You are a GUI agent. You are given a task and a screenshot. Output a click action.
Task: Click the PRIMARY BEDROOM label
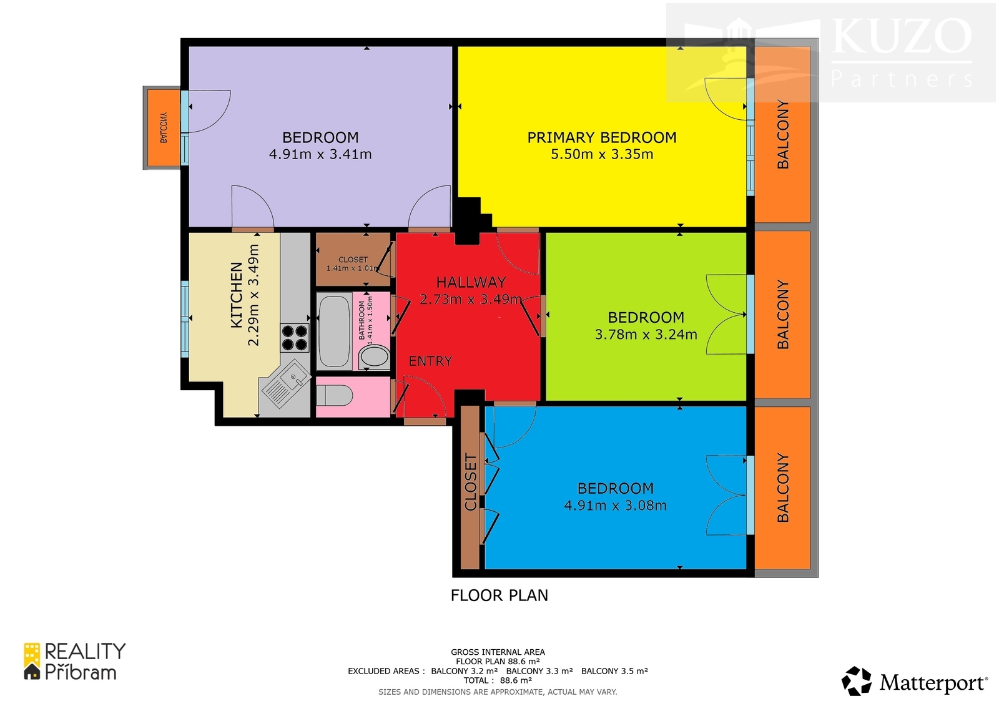(x=602, y=137)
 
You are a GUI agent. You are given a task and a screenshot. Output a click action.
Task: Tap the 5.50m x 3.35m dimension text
(x=602, y=154)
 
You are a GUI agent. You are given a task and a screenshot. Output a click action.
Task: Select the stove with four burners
(x=294, y=338)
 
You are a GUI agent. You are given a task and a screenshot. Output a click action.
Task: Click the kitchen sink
(x=285, y=383)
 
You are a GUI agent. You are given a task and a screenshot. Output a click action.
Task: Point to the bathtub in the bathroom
(x=334, y=331)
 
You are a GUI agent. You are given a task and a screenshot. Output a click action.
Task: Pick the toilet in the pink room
(x=335, y=396)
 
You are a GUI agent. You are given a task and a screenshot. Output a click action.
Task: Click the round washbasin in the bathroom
(x=374, y=357)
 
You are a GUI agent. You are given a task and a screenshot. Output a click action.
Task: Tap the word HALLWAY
(x=471, y=282)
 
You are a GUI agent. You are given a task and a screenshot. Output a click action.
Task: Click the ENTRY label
(x=430, y=361)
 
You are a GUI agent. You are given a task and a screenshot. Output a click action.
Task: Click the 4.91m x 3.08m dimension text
(x=615, y=506)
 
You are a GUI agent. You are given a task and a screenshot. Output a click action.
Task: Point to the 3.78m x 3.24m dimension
(x=646, y=335)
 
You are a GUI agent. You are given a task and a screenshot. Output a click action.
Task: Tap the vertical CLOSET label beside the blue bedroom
(x=471, y=483)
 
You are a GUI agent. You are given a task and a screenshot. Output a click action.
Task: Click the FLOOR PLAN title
(x=499, y=596)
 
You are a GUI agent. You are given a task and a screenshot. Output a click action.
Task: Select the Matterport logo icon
(x=856, y=681)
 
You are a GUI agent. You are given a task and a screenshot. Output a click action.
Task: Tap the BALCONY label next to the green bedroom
(x=783, y=315)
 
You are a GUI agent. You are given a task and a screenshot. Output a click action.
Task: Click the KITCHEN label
(x=237, y=295)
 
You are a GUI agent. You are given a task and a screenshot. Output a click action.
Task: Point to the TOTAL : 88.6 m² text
(x=498, y=680)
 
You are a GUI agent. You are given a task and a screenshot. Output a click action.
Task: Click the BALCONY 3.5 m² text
(x=614, y=671)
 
